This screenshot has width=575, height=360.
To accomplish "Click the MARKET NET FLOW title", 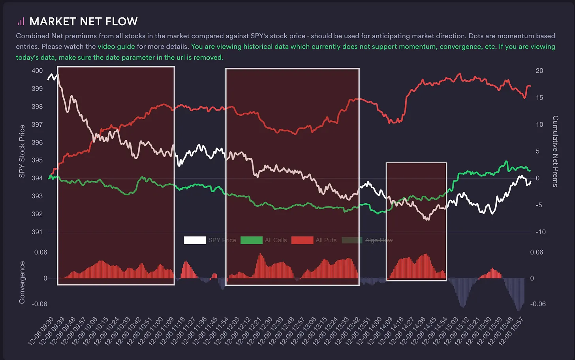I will click(83, 21).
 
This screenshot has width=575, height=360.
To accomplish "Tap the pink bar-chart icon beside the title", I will click(21, 21).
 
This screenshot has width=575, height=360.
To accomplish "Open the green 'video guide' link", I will click(116, 47).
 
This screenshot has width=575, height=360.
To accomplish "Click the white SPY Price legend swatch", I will click(195, 240).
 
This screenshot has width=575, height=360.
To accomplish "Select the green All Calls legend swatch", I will click(251, 240).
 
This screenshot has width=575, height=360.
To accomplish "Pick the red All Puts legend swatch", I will click(302, 240).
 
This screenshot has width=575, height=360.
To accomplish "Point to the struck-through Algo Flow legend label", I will click(379, 240).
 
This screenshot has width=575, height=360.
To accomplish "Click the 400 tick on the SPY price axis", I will click(37, 71).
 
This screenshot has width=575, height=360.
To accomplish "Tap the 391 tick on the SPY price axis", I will click(37, 232).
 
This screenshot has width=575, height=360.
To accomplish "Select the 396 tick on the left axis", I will click(37, 142).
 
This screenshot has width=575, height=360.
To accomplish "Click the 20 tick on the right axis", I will click(539, 71).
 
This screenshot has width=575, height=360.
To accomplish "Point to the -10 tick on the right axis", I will click(540, 232).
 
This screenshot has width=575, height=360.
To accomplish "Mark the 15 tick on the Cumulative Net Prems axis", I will click(539, 97).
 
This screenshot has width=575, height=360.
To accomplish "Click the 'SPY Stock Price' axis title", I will click(22, 151).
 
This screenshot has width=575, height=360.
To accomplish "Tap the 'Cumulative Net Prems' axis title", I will click(555, 151).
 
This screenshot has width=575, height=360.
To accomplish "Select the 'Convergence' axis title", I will click(22, 282).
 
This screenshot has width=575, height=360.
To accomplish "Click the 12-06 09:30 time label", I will click(42, 331).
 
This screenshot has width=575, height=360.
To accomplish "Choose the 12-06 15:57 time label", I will click(512, 331).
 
